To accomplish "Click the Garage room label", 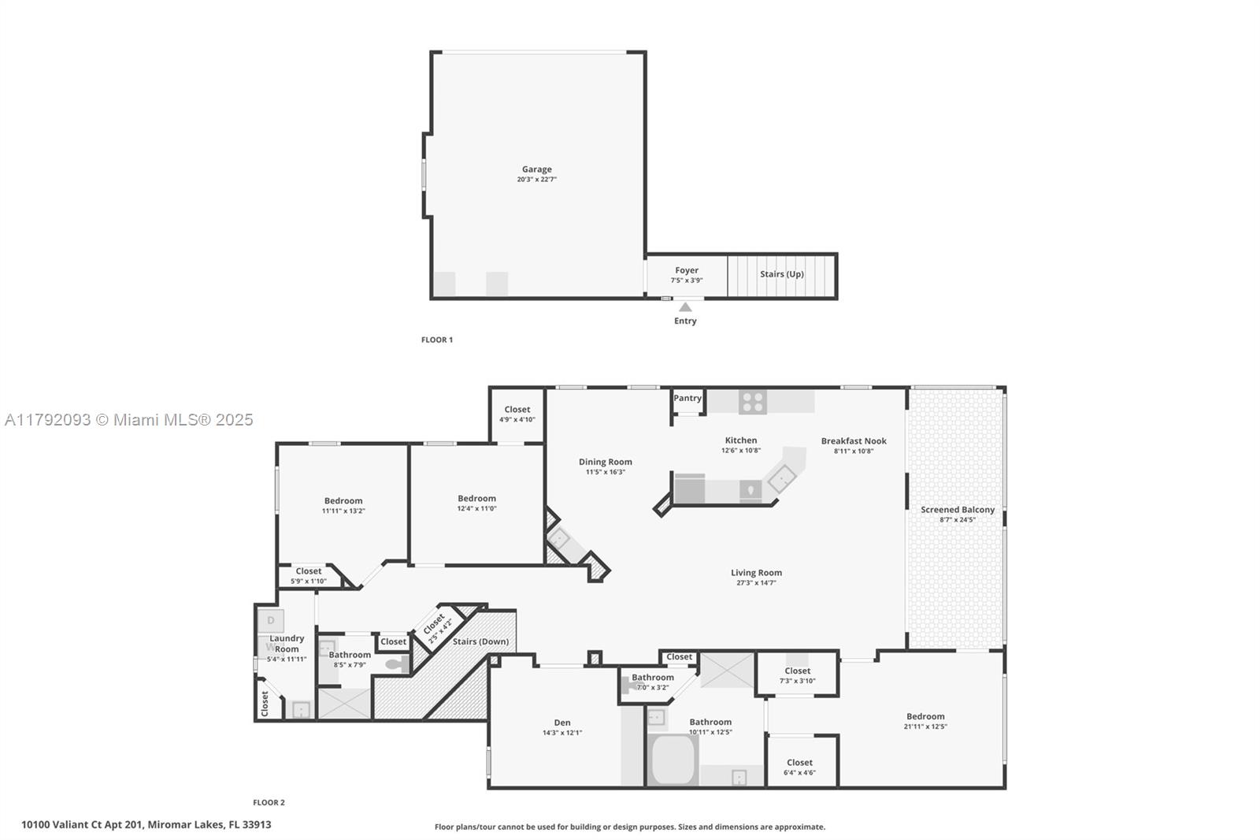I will tap(536, 169).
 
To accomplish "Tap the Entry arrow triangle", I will tap(685, 307).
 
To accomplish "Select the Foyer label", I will tap(687, 270).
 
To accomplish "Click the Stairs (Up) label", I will tap(781, 274).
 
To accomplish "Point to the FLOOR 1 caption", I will tap(437, 340).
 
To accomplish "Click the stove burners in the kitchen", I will tap(752, 402).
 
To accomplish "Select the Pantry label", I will tap(687, 398).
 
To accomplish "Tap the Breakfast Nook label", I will tap(854, 441).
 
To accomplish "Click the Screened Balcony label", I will tap(958, 510).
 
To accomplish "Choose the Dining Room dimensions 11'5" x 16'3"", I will tap(605, 472).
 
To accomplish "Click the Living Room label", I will tap(756, 573).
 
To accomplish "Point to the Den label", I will tap(562, 723).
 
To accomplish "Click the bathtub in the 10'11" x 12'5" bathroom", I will tap(673, 760).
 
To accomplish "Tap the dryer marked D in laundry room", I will tap(271, 621).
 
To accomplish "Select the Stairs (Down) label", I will tap(480, 641).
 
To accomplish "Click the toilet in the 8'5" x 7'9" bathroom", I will tap(396, 664).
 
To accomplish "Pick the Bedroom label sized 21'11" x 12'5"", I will tap(925, 716).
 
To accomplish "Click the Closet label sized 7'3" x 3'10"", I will tap(797, 671).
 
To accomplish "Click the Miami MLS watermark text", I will tap(129, 420).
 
